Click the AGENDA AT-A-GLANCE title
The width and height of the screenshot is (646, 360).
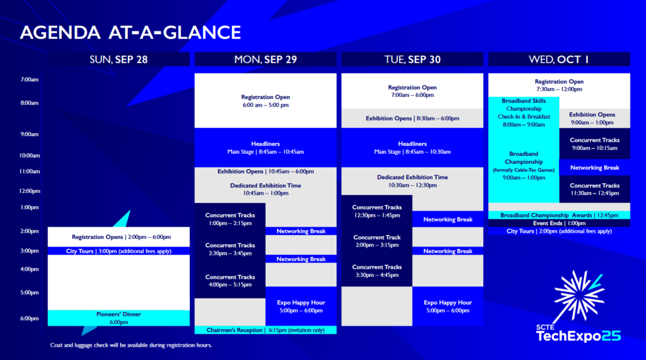(130, 33)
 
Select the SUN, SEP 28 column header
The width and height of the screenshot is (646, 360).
(119, 59)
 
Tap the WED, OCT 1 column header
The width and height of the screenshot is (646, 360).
(559, 59)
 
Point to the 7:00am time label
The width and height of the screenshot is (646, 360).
(30, 79)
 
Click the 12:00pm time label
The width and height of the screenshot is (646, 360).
(30, 191)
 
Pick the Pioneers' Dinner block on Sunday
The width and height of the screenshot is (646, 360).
(119, 318)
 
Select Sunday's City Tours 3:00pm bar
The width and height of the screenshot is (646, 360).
(119, 251)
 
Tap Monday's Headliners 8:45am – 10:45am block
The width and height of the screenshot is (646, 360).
(266, 148)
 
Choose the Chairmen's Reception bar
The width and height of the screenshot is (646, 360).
(266, 330)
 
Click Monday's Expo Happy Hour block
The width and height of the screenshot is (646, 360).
(301, 306)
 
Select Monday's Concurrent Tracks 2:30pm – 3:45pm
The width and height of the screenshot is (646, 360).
(230, 249)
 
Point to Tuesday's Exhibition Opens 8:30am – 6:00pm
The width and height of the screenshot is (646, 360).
(413, 119)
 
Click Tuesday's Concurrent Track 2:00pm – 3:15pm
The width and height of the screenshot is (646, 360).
(377, 241)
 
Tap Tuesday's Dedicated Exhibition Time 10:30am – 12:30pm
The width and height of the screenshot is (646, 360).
(413, 181)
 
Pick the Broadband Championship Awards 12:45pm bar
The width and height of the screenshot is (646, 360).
(559, 215)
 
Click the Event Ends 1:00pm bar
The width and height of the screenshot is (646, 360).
(559, 223)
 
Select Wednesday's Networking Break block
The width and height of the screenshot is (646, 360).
(594, 168)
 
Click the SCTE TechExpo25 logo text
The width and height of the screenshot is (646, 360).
(578, 334)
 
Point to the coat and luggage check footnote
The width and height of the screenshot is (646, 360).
(131, 345)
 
